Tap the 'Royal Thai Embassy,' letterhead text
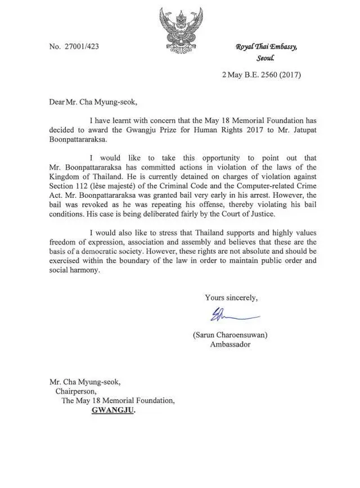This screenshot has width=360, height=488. (x=266, y=47)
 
